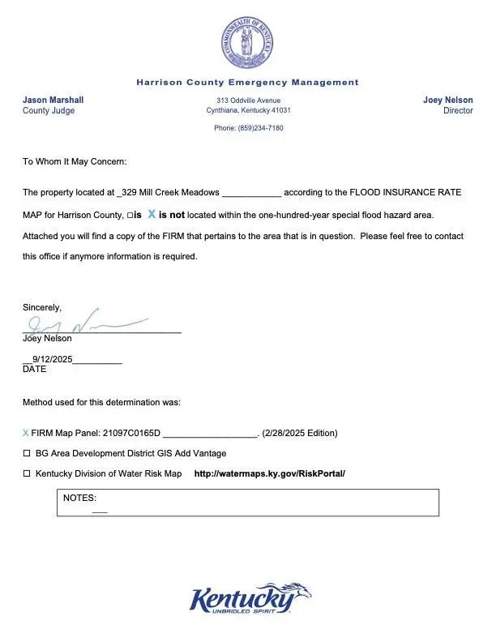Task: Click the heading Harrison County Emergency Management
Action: click(x=247, y=82)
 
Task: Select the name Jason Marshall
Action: click(x=53, y=101)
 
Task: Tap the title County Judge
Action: click(x=49, y=111)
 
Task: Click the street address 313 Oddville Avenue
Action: click(x=248, y=100)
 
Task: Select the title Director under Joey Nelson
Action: click(x=458, y=111)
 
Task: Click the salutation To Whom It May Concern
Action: click(x=75, y=162)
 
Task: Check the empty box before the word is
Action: click(x=130, y=216)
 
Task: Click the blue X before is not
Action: click(x=152, y=215)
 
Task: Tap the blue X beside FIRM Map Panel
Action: click(x=26, y=433)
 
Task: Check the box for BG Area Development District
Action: click(x=27, y=453)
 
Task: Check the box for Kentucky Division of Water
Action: click(x=27, y=473)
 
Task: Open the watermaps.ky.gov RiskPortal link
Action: click(x=269, y=473)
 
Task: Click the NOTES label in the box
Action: click(x=79, y=499)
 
